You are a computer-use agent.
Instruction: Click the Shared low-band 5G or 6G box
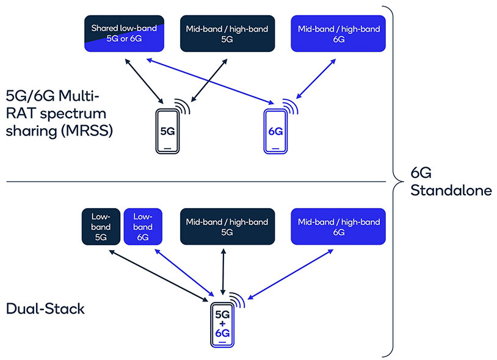[x=124, y=34]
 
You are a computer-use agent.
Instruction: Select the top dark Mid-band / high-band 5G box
[x=227, y=34]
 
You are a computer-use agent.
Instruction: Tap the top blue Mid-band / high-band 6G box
[x=338, y=34]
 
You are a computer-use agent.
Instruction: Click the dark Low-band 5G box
[x=100, y=227]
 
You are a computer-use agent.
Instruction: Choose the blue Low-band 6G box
[x=143, y=227]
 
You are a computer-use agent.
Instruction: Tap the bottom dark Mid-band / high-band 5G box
[x=227, y=227]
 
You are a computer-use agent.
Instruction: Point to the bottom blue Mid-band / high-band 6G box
[x=338, y=227]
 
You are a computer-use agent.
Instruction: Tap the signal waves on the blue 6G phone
[x=292, y=106]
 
